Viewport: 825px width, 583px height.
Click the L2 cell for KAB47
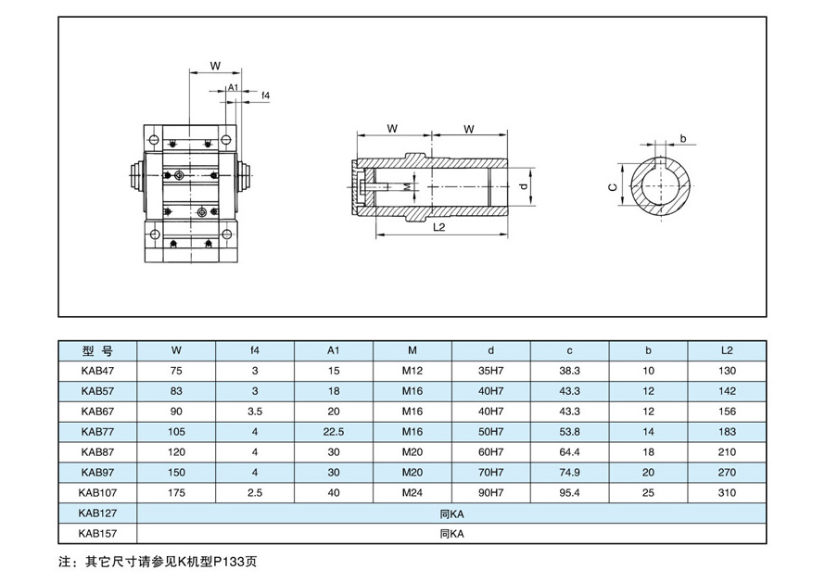[727, 371]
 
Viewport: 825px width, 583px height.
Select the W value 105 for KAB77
[176, 432]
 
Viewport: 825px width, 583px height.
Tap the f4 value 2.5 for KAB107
[255, 493]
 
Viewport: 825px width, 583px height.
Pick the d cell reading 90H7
[490, 493]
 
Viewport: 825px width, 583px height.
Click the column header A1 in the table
[334, 350]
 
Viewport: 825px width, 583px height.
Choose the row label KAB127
[97, 513]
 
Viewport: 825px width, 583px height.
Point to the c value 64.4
[569, 452]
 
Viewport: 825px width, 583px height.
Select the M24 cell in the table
[412, 493]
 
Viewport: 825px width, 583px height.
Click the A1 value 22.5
[334, 432]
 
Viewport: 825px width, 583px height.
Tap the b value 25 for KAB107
[648, 493]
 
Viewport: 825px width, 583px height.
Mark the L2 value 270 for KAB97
[727, 473]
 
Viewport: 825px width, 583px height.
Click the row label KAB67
[97, 412]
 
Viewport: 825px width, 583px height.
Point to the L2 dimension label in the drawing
[439, 228]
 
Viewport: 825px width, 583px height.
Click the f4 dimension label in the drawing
[266, 95]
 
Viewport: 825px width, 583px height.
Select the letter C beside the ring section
[613, 186]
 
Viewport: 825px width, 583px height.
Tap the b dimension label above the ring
[683, 139]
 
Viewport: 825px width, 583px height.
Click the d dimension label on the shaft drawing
[524, 187]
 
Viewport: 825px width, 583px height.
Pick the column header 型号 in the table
[97, 350]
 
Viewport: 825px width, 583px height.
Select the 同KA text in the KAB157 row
[451, 534]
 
